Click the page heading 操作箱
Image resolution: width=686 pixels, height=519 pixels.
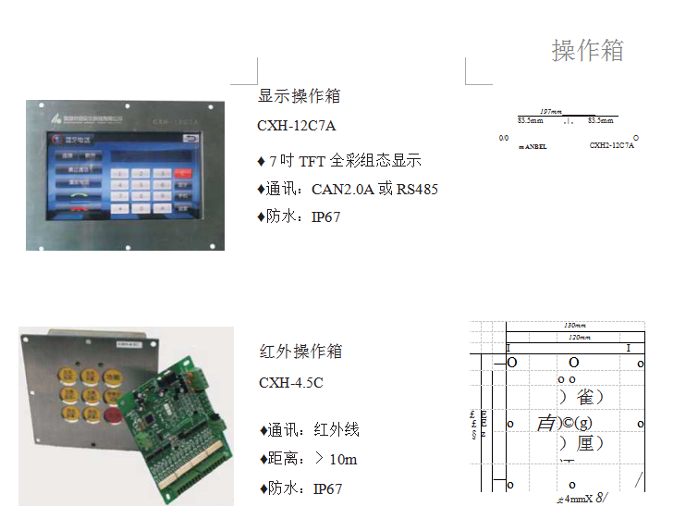click(588, 50)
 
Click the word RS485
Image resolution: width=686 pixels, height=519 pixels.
click(417, 190)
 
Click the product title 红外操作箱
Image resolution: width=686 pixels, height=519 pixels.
click(300, 352)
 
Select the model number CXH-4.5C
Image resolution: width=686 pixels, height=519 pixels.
click(290, 382)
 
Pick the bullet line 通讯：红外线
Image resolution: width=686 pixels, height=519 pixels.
click(309, 429)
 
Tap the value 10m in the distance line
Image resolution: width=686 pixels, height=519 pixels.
click(343, 459)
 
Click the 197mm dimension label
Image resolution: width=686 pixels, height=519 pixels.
click(551, 111)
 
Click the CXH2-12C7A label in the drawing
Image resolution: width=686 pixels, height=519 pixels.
click(612, 145)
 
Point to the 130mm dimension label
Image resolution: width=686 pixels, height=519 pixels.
click(575, 325)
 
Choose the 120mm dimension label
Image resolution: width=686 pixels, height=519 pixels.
click(575, 338)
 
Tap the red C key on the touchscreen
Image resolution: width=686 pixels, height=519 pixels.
click(184, 172)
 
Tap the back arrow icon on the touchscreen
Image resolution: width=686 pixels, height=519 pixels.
click(192, 141)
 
